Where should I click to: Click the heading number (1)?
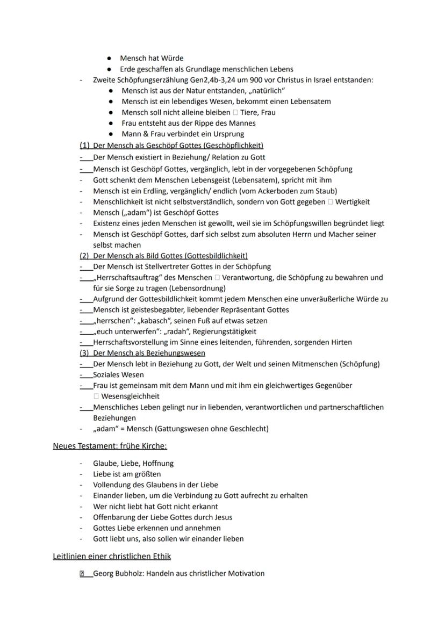[84, 145]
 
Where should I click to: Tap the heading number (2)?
[84, 256]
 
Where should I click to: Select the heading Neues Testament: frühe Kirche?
[113, 446]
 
